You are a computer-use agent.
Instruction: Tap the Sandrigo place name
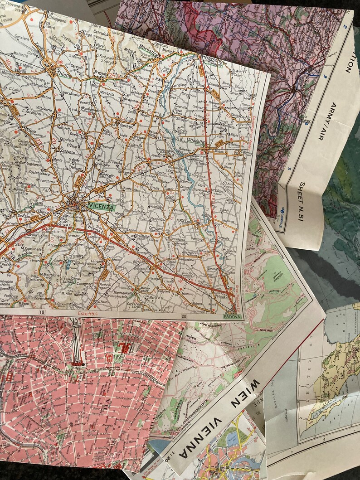tap(126, 127)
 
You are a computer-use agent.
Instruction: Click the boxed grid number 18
tap(42, 312)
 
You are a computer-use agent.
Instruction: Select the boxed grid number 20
tap(184, 316)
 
